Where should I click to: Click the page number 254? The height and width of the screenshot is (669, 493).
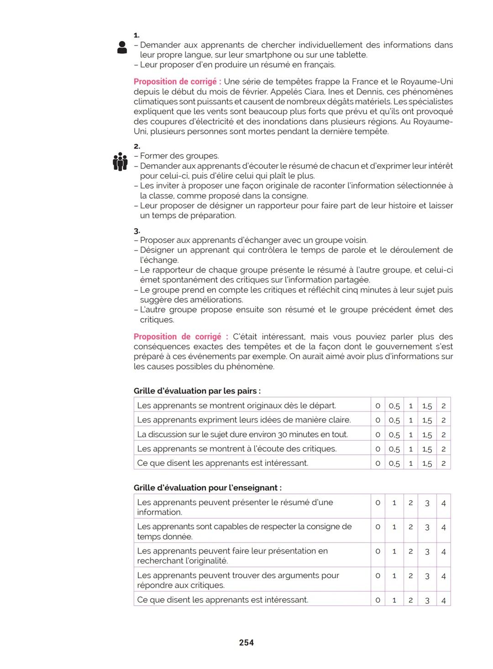(x=246, y=643)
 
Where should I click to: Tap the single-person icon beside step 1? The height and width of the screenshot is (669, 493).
(x=122, y=47)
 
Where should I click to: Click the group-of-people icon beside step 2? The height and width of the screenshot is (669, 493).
(x=120, y=161)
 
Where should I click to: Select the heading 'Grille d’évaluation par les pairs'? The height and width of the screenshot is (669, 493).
(x=197, y=391)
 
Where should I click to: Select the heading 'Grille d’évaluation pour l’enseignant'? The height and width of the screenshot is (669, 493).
(x=207, y=488)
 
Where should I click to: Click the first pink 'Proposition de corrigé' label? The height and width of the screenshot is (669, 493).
(x=177, y=82)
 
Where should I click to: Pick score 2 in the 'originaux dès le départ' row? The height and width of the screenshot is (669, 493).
(x=443, y=406)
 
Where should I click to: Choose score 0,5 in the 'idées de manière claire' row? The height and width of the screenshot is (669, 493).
(x=394, y=420)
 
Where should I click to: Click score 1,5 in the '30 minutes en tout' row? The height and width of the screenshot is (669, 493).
(x=427, y=435)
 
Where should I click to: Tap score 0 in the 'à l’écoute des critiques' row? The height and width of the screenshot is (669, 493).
(x=378, y=449)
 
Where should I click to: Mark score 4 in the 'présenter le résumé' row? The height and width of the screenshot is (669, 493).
(x=443, y=503)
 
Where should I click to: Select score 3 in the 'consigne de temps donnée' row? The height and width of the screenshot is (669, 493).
(x=427, y=527)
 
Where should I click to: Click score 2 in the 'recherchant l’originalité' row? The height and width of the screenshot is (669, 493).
(x=410, y=552)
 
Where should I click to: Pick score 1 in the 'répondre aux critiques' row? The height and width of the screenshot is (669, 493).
(x=394, y=576)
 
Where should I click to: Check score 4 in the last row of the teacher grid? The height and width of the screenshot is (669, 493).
(x=443, y=601)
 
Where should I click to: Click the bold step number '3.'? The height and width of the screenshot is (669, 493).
(x=137, y=231)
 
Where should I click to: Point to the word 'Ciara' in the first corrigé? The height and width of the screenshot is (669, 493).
(x=314, y=92)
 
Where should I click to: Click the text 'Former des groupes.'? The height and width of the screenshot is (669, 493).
(x=179, y=156)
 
